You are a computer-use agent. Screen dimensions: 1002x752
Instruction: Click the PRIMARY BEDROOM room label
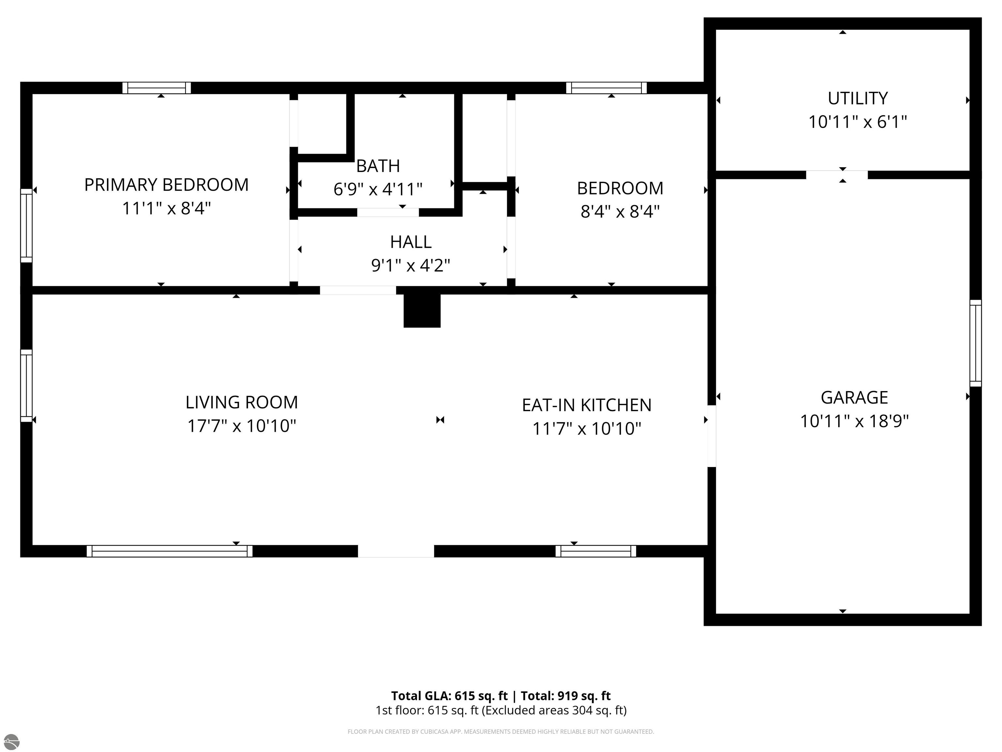(166, 185)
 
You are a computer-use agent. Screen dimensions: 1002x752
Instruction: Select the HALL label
(411, 242)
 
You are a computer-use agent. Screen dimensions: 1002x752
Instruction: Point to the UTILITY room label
(858, 98)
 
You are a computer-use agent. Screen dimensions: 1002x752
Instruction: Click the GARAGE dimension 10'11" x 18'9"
(854, 421)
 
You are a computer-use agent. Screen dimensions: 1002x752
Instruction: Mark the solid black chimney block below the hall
(422, 310)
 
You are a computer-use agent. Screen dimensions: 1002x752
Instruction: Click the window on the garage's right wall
(976, 343)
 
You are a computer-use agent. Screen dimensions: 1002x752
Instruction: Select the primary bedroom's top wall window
(157, 88)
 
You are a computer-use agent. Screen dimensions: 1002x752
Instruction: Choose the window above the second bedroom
(607, 88)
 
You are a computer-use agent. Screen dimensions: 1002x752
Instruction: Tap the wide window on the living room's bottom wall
(169, 551)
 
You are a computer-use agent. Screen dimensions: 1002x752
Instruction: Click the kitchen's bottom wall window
(596, 551)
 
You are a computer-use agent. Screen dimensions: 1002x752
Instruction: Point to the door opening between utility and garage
(837, 175)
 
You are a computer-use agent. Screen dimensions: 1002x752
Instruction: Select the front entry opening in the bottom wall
(396, 551)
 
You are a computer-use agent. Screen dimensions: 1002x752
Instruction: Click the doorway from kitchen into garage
(712, 436)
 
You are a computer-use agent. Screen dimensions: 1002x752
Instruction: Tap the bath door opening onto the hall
(388, 212)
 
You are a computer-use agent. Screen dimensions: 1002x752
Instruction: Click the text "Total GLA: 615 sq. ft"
(449, 696)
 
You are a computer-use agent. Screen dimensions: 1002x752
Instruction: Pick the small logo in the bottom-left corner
(11, 742)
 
